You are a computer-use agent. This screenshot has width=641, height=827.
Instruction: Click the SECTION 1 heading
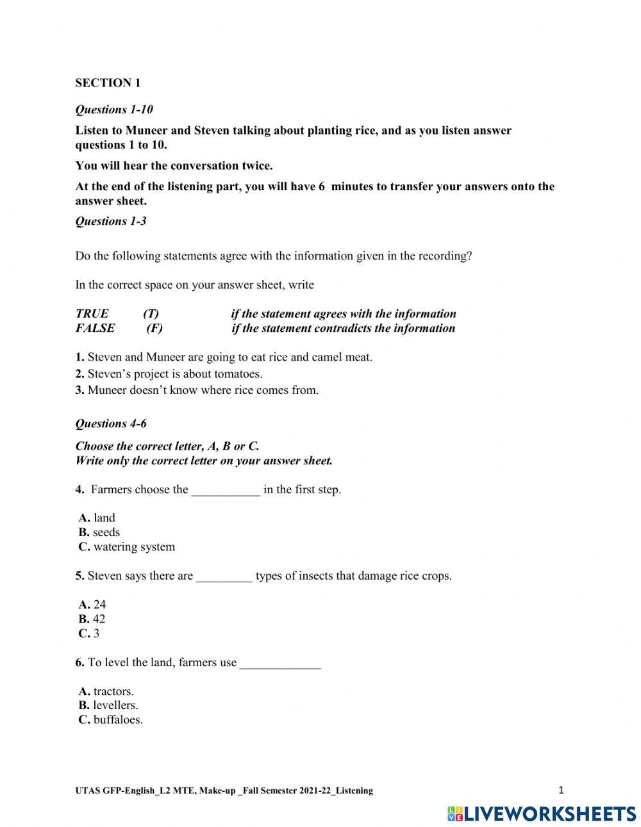pos(108,83)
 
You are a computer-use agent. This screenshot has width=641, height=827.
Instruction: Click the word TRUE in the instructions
pos(92,314)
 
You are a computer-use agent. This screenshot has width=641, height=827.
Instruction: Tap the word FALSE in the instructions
pos(95,328)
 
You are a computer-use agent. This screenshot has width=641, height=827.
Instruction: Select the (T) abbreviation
pos(151,314)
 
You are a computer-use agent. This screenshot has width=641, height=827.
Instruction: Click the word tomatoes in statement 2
pos(237,373)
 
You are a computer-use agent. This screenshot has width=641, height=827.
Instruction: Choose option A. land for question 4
pos(97,518)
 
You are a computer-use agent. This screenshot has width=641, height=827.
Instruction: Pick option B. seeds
pos(99,532)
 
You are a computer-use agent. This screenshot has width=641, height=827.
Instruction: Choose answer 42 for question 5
pos(92,619)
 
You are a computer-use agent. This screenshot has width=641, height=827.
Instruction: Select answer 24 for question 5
pos(92,604)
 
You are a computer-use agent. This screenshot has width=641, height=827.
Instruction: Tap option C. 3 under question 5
pos(89,634)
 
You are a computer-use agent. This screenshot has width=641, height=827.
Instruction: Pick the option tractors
pos(106,691)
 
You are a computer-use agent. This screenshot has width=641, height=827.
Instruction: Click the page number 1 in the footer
pos(561,790)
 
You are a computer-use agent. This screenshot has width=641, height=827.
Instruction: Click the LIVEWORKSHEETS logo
pos(542,814)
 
